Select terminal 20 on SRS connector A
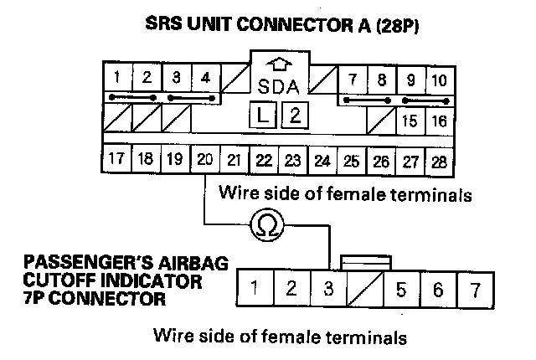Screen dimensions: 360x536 (204, 158)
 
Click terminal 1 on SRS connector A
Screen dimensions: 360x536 (118, 80)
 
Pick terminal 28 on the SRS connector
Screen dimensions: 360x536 (439, 159)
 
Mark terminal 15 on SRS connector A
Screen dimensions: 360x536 (410, 120)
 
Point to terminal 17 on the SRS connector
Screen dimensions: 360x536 (117, 158)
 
